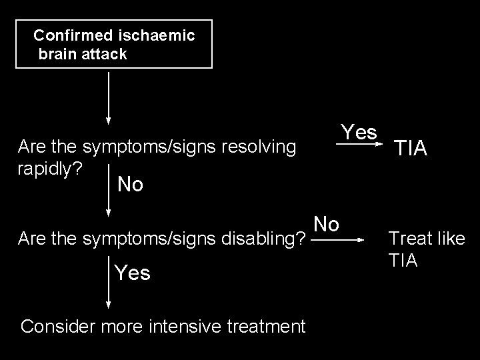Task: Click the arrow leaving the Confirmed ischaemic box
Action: click(109, 97)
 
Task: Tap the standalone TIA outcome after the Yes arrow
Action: click(411, 149)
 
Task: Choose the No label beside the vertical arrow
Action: click(130, 185)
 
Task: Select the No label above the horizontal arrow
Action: click(326, 224)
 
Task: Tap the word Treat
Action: click(407, 238)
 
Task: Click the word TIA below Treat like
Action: click(403, 260)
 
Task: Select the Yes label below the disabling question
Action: click(132, 273)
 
